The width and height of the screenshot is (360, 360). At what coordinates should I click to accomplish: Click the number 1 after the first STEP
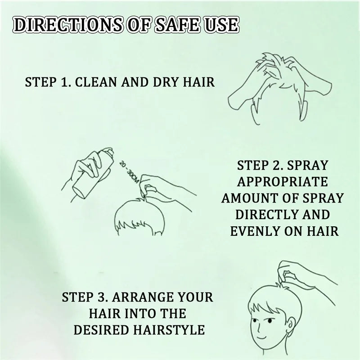tap(66, 83)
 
